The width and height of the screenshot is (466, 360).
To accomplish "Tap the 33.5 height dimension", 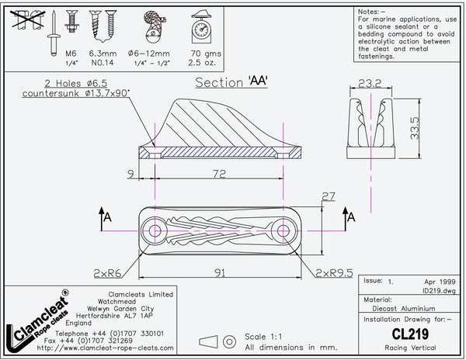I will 416,126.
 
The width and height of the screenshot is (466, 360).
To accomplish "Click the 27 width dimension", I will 327,196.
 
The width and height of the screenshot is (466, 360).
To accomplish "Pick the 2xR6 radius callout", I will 106,272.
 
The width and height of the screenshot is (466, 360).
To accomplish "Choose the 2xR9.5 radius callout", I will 333,272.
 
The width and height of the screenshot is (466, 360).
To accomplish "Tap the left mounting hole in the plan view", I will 155,231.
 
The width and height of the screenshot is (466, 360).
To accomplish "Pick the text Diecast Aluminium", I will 395,306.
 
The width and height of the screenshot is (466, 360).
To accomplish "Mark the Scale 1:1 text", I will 265,337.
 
